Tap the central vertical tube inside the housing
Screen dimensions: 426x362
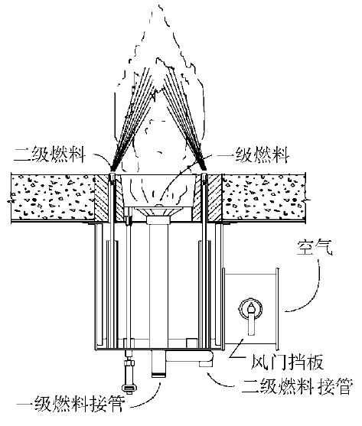(158, 283)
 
